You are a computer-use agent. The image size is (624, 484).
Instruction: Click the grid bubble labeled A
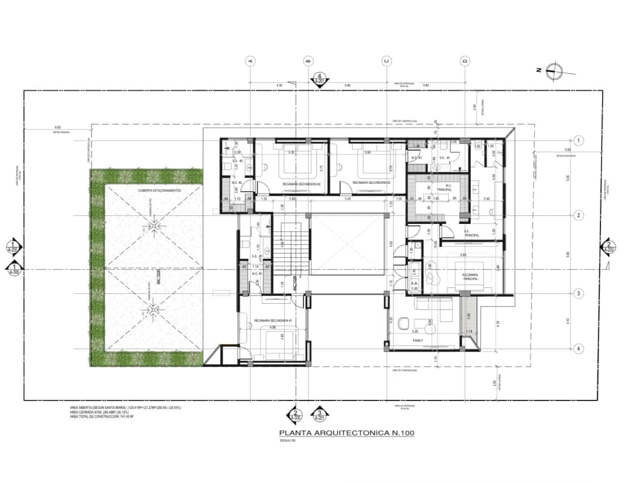(x=250, y=60)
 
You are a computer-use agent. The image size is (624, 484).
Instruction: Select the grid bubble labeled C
(x=386, y=60)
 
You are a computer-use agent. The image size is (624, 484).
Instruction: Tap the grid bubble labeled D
(x=465, y=60)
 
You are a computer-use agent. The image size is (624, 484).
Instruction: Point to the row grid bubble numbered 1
(x=579, y=140)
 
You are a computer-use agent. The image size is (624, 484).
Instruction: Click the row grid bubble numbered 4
(x=579, y=348)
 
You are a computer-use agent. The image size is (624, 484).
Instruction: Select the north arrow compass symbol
(x=553, y=70)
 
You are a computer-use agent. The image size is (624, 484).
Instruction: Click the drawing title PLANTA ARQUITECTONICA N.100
(x=347, y=433)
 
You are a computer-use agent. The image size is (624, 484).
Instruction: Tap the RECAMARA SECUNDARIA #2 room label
(x=302, y=183)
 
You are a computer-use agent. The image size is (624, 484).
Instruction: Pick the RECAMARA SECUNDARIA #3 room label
(x=371, y=183)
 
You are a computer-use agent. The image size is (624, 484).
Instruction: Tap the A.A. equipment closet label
(x=416, y=282)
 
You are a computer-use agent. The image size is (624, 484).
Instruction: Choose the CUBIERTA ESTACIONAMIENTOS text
(x=159, y=190)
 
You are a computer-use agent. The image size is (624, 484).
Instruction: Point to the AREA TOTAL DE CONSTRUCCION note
(x=102, y=417)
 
